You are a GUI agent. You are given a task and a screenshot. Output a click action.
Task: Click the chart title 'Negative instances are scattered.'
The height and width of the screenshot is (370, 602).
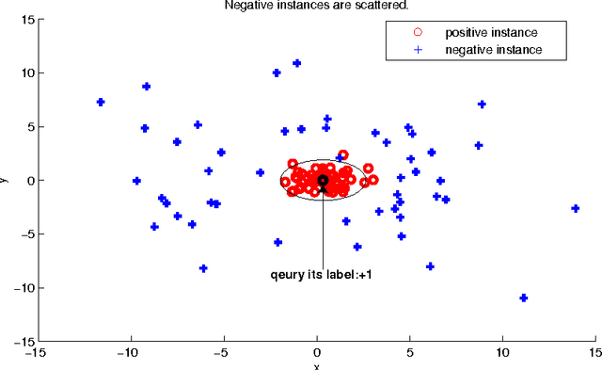316,6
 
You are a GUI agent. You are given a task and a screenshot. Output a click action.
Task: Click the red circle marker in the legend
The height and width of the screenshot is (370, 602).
420,33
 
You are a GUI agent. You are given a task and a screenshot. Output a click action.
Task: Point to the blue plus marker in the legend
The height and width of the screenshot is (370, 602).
420,48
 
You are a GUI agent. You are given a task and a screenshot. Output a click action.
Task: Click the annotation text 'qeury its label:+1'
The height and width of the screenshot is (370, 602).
323,277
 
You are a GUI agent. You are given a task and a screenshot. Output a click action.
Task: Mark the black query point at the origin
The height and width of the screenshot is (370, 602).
323,180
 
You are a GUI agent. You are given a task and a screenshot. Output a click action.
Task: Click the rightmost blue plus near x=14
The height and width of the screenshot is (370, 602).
575,208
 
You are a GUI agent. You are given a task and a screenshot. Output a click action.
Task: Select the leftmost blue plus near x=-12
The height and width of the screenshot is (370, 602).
101,102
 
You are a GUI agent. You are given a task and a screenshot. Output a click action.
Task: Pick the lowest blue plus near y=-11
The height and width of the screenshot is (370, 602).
524,298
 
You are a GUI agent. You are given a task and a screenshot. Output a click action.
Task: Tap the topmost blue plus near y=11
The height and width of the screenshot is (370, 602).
297,63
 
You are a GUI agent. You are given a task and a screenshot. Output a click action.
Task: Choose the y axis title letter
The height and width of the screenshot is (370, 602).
5,180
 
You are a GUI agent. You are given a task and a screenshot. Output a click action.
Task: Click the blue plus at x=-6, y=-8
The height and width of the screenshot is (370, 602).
203,268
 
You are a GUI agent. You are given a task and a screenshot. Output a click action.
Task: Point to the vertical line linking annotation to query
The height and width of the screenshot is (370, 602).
323,231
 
